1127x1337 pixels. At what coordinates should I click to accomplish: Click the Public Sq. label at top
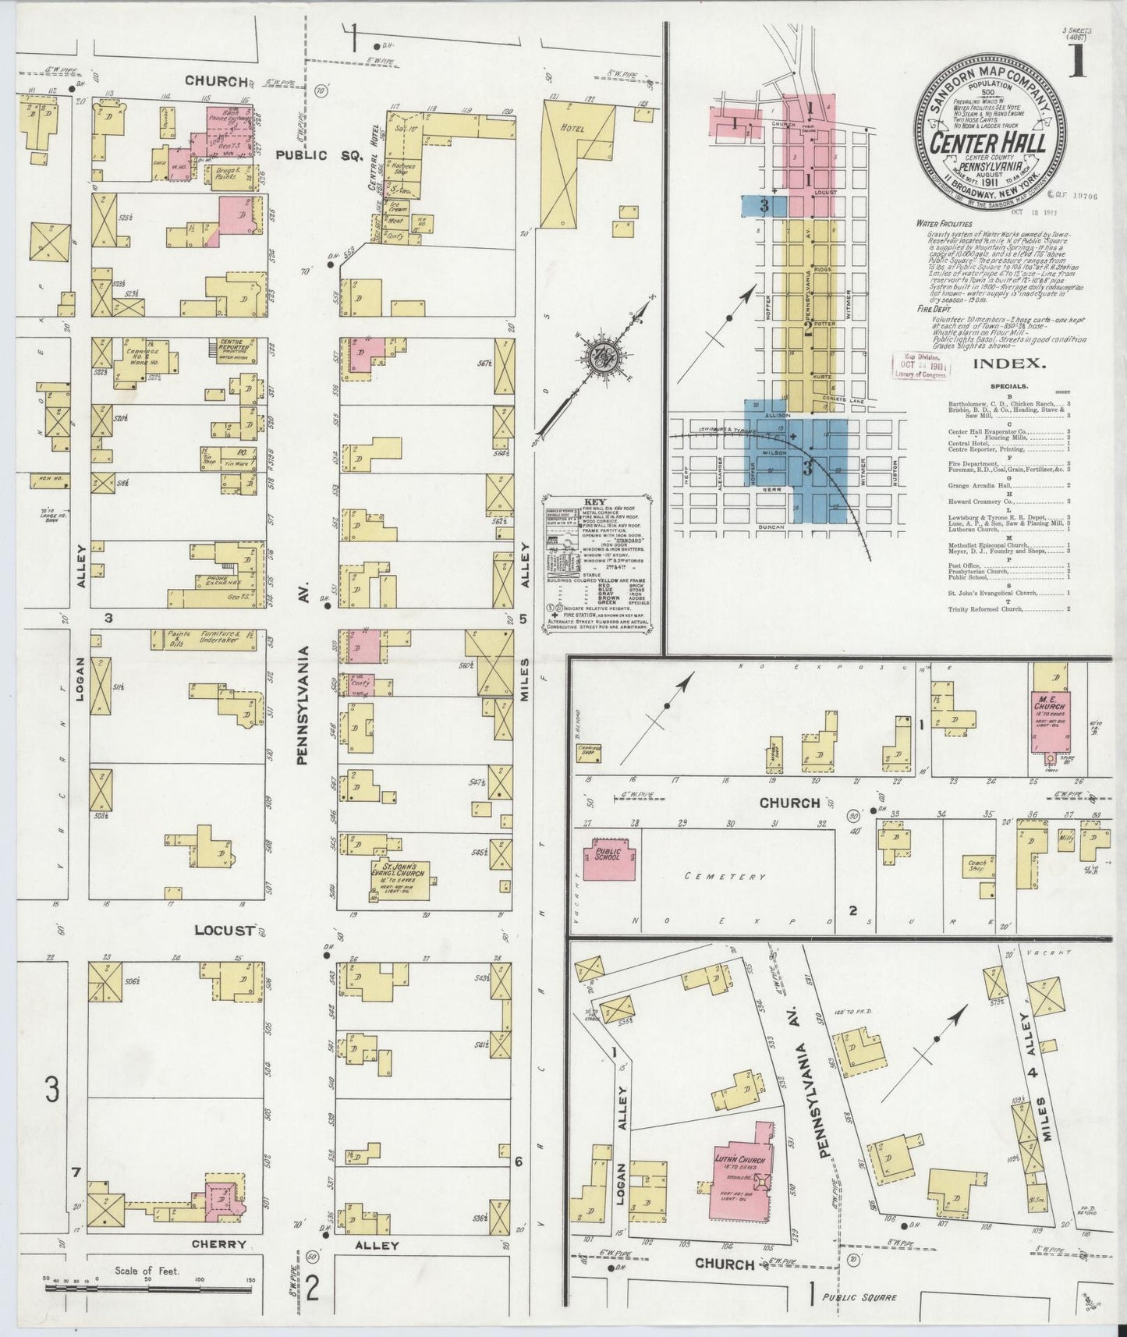[319, 155]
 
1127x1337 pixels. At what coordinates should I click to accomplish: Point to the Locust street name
[225, 931]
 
